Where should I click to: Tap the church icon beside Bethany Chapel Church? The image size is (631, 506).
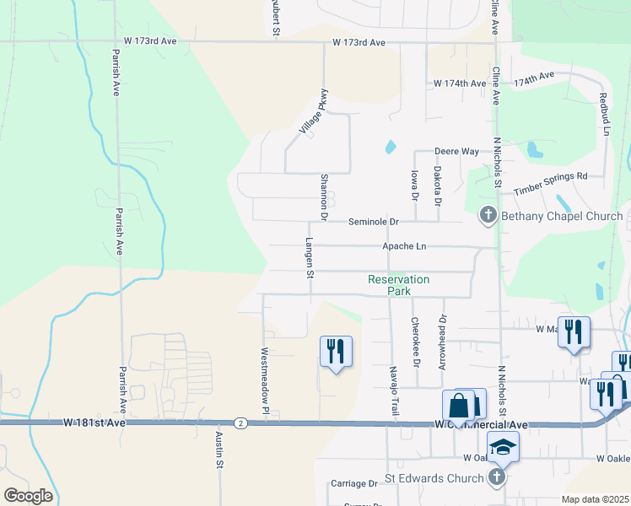(x=488, y=217)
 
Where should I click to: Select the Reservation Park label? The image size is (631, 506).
(x=399, y=285)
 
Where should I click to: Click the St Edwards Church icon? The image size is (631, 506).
(x=498, y=478)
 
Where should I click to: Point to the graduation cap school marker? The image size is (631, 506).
(x=503, y=447)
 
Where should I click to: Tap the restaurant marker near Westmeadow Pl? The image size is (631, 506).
(x=336, y=351)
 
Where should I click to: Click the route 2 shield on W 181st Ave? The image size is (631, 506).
(x=242, y=422)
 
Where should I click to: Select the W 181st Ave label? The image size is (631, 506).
(x=94, y=422)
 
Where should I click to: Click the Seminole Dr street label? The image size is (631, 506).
(x=375, y=222)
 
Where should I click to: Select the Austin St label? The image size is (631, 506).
(x=218, y=450)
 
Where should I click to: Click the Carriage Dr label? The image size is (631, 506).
(x=354, y=483)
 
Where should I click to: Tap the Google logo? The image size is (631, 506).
(x=28, y=495)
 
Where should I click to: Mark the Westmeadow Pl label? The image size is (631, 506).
(x=265, y=381)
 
